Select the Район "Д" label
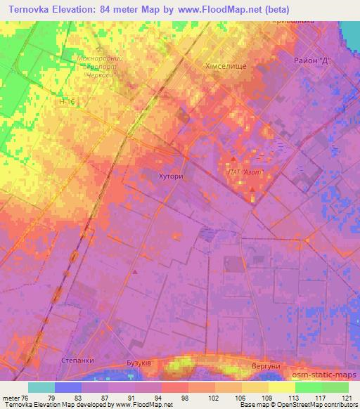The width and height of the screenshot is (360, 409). (x=312, y=62)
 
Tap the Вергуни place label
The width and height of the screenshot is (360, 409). (x=266, y=367)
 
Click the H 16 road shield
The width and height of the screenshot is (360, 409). (x=68, y=103)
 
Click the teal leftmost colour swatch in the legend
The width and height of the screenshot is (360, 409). (x=41, y=387)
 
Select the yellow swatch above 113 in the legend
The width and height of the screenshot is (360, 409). (x=282, y=387)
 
